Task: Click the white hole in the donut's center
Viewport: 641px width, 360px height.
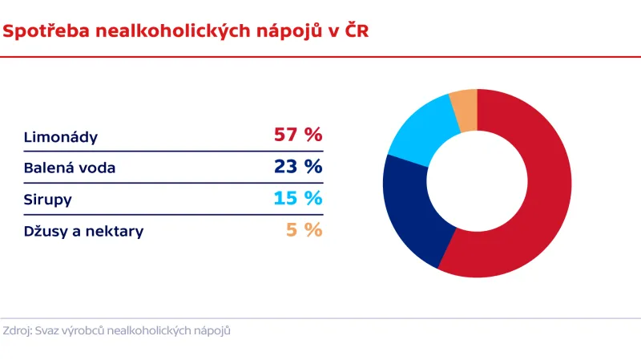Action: [478, 183]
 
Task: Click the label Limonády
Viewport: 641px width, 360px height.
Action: [61, 137]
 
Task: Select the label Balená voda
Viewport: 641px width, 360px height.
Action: [70, 168]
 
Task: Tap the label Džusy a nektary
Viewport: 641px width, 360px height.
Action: [84, 232]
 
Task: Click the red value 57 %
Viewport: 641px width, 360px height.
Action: [298, 135]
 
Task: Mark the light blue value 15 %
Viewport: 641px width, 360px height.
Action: [298, 198]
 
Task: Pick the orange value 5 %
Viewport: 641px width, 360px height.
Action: [304, 230]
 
